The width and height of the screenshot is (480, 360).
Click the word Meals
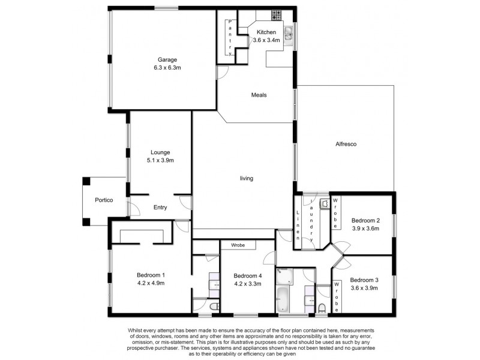tap(259, 95)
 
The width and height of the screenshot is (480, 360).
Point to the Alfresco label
tap(346, 144)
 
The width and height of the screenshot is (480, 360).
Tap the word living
tap(247, 178)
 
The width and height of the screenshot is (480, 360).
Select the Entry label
tap(160, 208)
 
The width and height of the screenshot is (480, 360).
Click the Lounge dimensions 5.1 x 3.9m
tap(160, 161)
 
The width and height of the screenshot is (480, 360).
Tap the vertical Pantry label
tap(230, 38)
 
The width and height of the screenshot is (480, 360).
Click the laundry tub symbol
tap(325, 204)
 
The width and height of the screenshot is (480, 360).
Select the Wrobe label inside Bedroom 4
tap(238, 245)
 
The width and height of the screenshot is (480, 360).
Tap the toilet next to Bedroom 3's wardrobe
tap(322, 308)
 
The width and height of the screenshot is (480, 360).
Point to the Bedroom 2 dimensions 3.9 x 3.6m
tap(365, 228)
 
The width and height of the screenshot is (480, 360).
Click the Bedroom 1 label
tap(151, 275)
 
